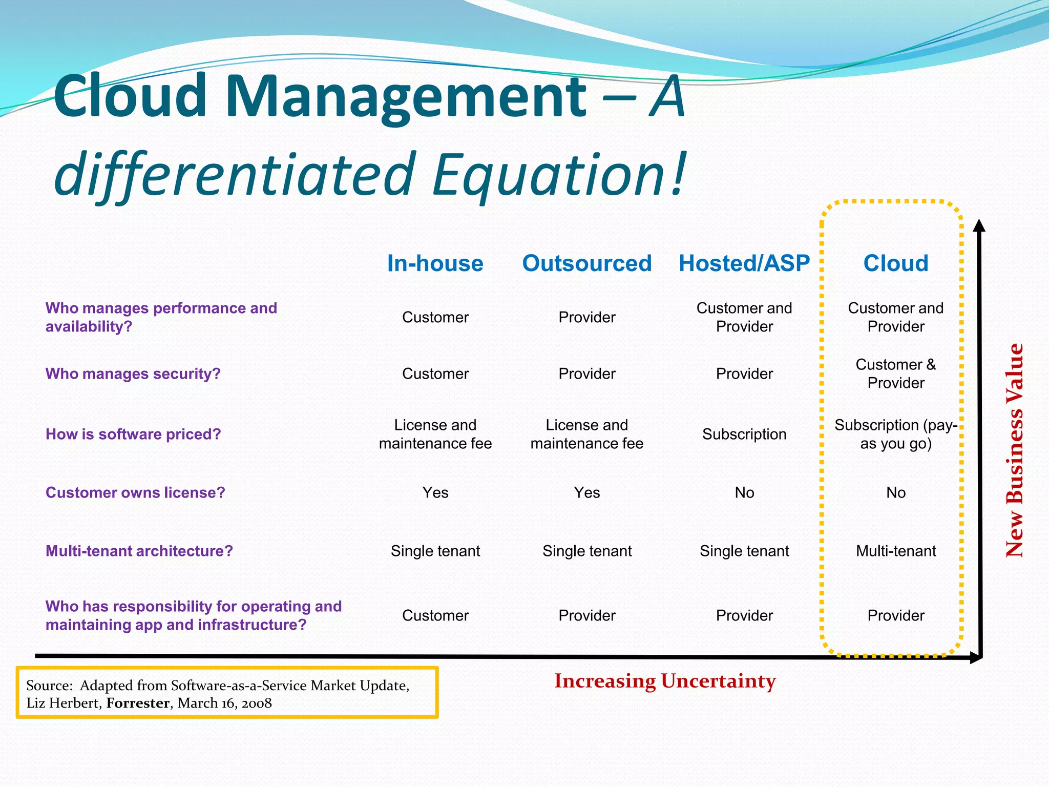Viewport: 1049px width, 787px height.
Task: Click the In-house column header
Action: tap(435, 263)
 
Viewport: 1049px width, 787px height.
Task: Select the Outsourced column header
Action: tap(586, 263)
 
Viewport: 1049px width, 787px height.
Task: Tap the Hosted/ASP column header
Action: tap(744, 263)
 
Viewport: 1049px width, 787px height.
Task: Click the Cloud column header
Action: tap(895, 263)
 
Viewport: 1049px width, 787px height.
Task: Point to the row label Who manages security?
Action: tap(133, 374)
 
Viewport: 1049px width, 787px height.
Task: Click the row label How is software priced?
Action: tap(133, 434)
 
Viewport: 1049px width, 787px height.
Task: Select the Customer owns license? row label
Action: tap(135, 492)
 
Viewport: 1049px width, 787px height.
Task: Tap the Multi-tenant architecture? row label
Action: tap(139, 551)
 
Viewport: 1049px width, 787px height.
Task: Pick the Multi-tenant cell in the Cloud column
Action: tap(895, 551)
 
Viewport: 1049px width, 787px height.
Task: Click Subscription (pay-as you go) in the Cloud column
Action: tap(895, 434)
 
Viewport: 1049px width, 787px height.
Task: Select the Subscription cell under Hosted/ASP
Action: tap(744, 434)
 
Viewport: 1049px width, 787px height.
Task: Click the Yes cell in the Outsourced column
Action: tap(586, 492)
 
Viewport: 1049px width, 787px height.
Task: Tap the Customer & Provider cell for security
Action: tap(895, 374)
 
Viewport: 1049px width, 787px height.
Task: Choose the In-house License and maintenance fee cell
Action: tap(435, 434)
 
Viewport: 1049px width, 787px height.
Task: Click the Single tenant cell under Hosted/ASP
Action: tap(744, 551)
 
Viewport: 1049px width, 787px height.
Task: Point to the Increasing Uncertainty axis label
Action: tap(665, 681)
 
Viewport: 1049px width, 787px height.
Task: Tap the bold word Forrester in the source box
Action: tap(138, 703)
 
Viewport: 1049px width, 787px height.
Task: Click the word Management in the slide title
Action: tap(405, 96)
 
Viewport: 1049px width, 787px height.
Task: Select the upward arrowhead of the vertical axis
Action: tap(979, 226)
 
